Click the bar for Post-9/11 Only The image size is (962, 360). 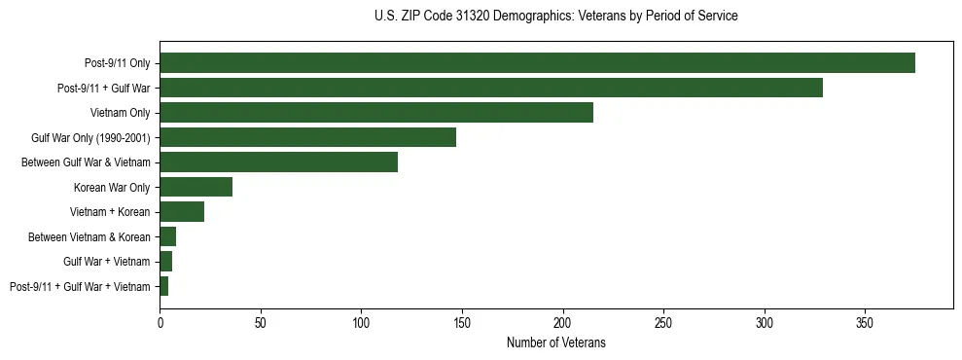[537, 63]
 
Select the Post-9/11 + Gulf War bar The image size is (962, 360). [491, 88]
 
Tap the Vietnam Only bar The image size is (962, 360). [376, 113]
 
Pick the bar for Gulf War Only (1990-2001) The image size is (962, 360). [307, 137]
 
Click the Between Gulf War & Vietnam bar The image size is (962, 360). [278, 162]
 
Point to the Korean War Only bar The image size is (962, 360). [196, 187]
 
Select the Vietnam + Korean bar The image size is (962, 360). [182, 212]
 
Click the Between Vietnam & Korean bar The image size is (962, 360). [167, 236]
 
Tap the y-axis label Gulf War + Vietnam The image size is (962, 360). [106, 262]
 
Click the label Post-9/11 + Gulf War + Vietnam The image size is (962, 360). [80, 286]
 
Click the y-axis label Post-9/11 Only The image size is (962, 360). [118, 63]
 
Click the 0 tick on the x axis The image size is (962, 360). [160, 322]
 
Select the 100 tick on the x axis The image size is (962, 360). [361, 322]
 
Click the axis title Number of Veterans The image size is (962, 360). [556, 342]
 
